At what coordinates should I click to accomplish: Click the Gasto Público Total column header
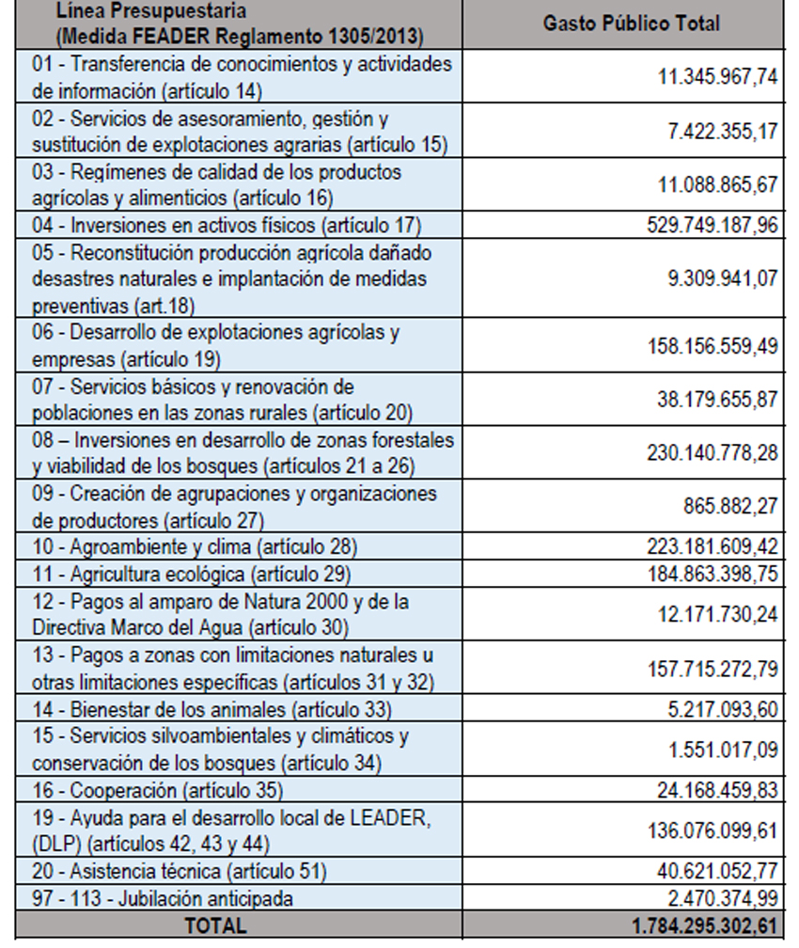pos(632,24)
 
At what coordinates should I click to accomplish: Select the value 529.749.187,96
pos(712,225)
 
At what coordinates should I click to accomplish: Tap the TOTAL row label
pos(216,925)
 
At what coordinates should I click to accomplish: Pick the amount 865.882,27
pos(729,506)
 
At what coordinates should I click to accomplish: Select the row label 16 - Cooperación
pos(157,790)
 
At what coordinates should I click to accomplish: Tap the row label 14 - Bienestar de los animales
pos(211,709)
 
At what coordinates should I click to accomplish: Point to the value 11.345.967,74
pos(717,77)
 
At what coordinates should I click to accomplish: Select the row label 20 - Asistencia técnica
pos(180,871)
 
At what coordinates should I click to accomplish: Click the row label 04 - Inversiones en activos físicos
pos(226,225)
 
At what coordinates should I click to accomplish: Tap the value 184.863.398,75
pos(712,574)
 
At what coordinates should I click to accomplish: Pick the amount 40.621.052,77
pos(717,871)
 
